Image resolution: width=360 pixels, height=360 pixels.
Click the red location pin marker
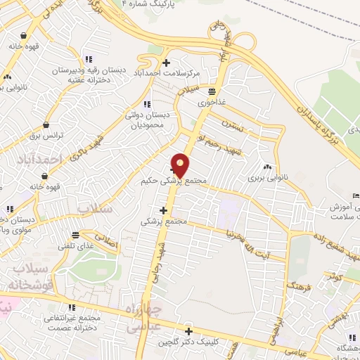click(181, 165)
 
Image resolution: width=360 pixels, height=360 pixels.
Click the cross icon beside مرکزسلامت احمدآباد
click(165, 62)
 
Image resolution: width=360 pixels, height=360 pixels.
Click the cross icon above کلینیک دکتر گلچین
click(188, 331)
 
